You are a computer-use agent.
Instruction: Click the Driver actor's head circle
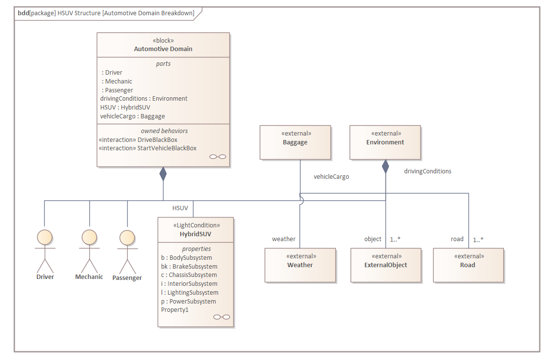(x=45, y=237)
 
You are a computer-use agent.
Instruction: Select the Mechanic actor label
(x=89, y=277)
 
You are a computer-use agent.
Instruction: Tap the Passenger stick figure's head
(x=127, y=238)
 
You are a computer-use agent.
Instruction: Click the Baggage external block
(x=295, y=142)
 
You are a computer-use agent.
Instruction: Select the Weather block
(x=300, y=265)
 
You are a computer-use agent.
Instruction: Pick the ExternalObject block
(x=386, y=265)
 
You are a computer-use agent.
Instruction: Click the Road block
(x=468, y=265)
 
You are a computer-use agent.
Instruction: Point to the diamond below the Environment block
(x=385, y=167)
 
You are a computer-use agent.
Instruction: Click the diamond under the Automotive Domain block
(x=163, y=174)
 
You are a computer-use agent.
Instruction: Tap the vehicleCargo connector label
(x=331, y=177)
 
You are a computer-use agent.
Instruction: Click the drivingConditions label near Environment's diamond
(x=428, y=171)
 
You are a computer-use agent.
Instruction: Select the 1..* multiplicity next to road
(x=478, y=240)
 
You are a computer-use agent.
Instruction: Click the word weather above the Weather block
(x=284, y=239)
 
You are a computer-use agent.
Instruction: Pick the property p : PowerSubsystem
(x=189, y=302)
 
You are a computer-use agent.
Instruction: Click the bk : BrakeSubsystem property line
(x=189, y=267)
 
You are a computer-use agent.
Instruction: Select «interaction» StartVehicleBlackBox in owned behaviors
(x=148, y=148)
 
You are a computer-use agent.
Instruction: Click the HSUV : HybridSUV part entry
(x=125, y=108)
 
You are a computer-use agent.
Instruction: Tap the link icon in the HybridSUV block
(x=221, y=317)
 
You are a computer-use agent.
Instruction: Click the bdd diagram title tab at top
(x=106, y=13)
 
